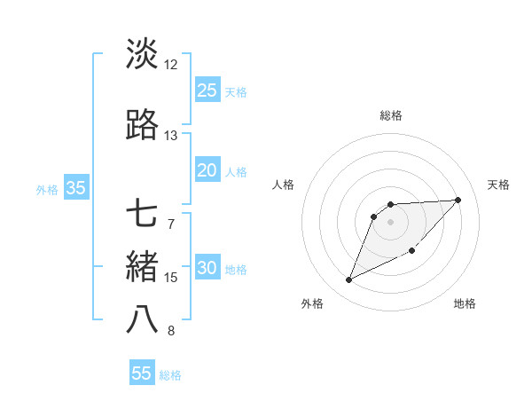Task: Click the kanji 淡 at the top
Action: click(x=142, y=54)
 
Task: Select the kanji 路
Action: click(x=142, y=126)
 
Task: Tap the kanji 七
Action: click(x=142, y=215)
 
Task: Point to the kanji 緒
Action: click(x=142, y=267)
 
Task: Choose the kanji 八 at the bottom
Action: click(x=142, y=320)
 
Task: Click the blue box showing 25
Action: click(x=207, y=90)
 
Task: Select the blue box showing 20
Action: click(x=207, y=170)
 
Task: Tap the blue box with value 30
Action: click(x=207, y=269)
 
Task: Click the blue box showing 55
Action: click(x=142, y=374)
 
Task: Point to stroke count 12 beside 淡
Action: click(x=171, y=65)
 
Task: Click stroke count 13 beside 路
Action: click(x=171, y=136)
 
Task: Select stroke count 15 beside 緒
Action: click(x=171, y=278)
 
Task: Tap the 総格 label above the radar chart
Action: click(x=391, y=115)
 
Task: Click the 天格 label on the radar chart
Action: click(x=498, y=185)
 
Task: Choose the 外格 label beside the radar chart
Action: click(x=311, y=303)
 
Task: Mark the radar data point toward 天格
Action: click(x=458, y=200)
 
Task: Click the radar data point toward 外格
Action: click(x=348, y=280)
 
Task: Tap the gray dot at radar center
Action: click(x=391, y=221)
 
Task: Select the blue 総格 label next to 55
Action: click(x=170, y=375)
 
